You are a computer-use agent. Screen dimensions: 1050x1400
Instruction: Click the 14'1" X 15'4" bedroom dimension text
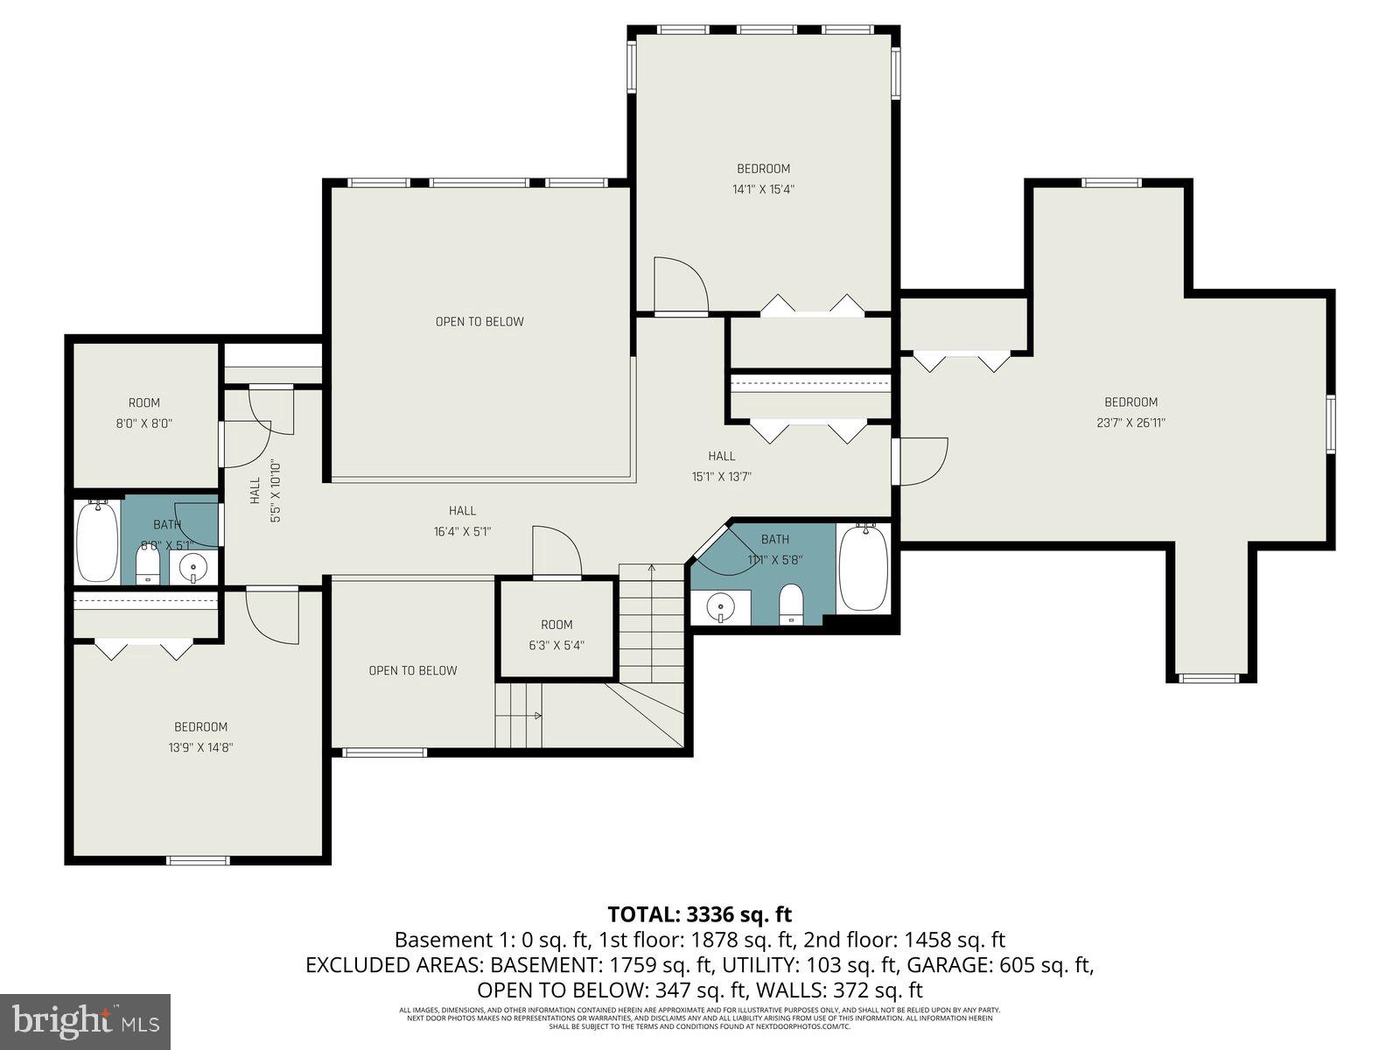point(763,189)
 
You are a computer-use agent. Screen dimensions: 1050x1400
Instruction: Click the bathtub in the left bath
point(97,542)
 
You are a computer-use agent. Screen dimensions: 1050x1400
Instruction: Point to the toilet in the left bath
point(148,564)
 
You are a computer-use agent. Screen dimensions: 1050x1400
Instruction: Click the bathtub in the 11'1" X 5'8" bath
point(864,569)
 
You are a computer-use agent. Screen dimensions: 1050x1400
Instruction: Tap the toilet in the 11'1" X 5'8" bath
point(791,604)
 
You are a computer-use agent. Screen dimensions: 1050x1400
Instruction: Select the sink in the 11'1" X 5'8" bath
point(720,606)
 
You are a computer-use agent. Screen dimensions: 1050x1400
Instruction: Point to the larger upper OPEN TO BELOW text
point(479,322)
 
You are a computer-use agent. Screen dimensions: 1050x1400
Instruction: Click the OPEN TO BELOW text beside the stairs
point(413,671)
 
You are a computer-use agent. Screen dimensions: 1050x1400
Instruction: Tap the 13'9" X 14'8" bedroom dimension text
point(200,748)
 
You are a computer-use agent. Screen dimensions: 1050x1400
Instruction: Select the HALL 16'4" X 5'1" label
point(462,521)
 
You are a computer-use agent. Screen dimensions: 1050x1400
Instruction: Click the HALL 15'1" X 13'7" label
point(721,466)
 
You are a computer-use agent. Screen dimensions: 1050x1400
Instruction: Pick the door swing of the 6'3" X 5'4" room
point(556,550)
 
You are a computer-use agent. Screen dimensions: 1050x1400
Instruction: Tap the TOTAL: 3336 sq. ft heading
point(699,914)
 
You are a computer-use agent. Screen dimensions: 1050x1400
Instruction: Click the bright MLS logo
point(85,1019)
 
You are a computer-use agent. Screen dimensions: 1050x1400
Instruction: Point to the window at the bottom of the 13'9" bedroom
point(199,860)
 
